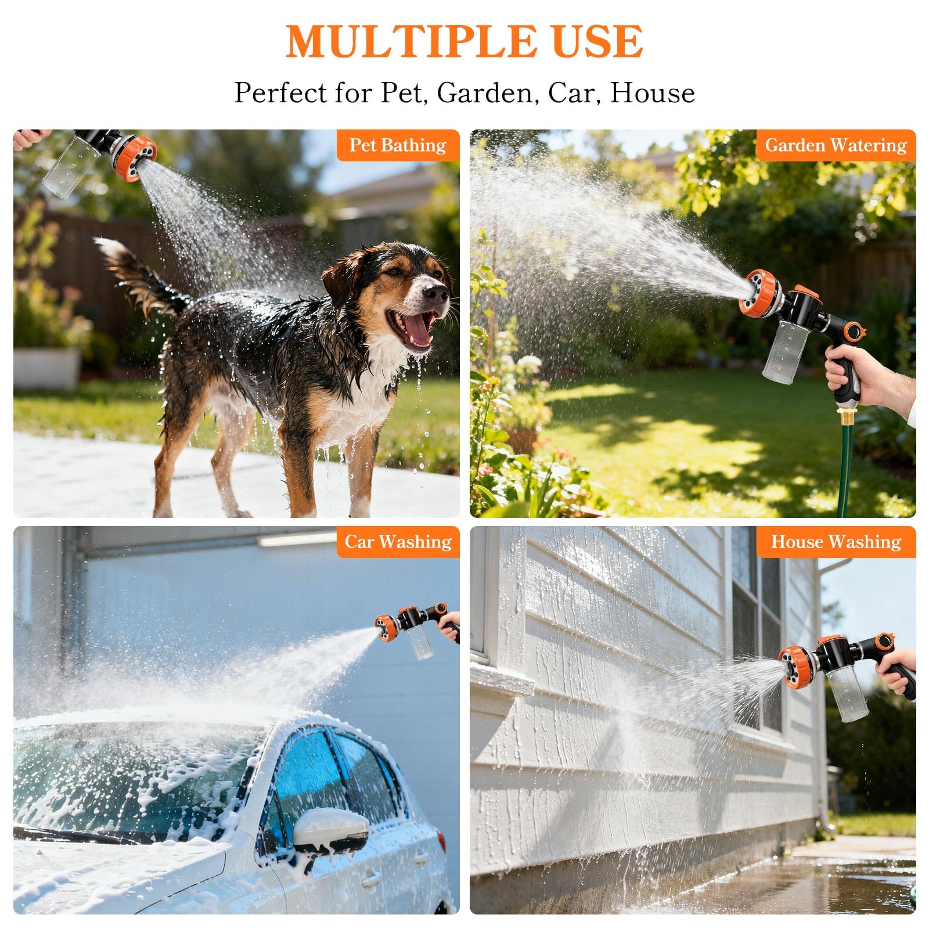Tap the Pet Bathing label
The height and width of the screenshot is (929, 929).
click(x=398, y=145)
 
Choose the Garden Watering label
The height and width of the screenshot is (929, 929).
click(x=836, y=145)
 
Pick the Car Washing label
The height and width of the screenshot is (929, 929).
click(x=398, y=542)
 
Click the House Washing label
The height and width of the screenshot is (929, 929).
click(x=836, y=542)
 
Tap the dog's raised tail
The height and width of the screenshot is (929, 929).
click(x=139, y=276)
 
